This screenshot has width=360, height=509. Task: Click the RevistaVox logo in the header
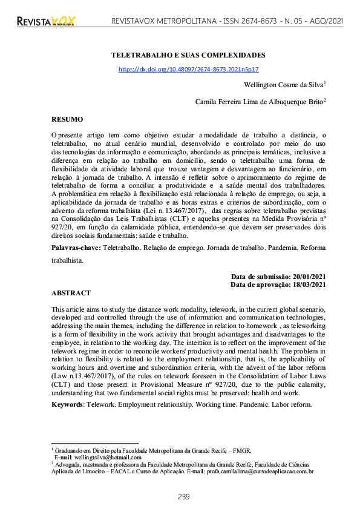point(45,22)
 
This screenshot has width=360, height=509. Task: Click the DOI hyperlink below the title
point(188,70)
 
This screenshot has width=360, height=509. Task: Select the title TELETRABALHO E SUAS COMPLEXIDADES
point(188,55)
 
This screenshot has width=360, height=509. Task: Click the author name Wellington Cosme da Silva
point(283,85)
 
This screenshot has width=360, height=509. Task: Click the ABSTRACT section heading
point(71,292)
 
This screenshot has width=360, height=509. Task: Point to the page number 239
point(184,496)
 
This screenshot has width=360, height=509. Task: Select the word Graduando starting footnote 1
point(68,451)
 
